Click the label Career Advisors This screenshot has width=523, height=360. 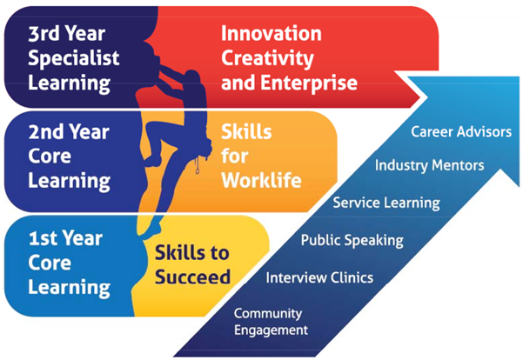click(x=460, y=132)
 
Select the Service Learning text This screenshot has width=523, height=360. click(x=386, y=203)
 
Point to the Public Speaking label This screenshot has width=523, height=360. click(x=352, y=239)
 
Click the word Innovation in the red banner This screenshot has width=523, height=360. click(x=271, y=34)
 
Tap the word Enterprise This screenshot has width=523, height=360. click(x=313, y=83)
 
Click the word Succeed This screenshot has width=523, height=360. click(x=192, y=278)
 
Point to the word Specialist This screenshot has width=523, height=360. click(x=73, y=58)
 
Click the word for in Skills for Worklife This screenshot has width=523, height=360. click(x=235, y=157)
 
